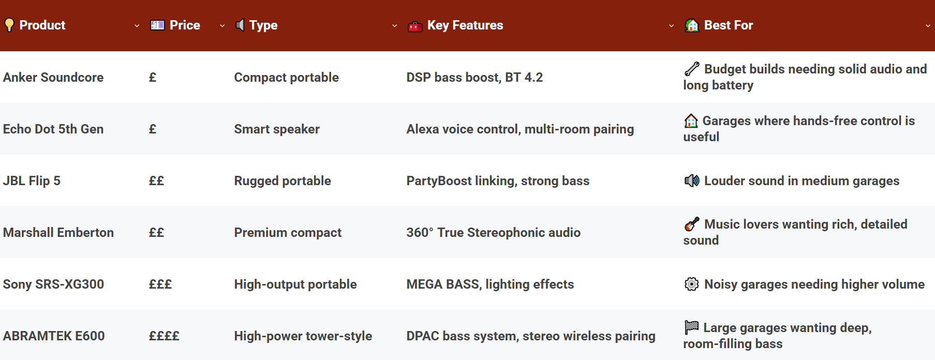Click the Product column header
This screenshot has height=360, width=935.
(x=42, y=25)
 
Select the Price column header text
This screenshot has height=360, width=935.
(x=185, y=25)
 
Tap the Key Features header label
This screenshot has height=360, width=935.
(x=465, y=25)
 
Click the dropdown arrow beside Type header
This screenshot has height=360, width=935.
(x=395, y=26)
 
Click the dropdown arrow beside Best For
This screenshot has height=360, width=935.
(x=928, y=26)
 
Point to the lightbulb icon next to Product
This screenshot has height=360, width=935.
(x=9, y=25)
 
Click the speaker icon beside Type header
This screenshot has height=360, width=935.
(x=240, y=25)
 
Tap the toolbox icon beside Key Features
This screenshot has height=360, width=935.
(x=415, y=26)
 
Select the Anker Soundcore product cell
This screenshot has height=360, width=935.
(x=53, y=77)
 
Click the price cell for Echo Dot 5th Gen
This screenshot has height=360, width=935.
(x=153, y=129)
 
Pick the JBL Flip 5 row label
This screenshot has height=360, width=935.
(x=32, y=181)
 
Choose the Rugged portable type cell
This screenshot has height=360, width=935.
(x=283, y=181)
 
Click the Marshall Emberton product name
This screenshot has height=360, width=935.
(x=58, y=232)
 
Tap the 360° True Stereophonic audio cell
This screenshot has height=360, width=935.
(x=493, y=232)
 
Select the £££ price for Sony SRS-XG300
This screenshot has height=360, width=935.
(x=160, y=284)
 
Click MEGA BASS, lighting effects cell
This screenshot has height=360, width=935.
(x=490, y=284)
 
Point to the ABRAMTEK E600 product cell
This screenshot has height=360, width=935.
(x=54, y=336)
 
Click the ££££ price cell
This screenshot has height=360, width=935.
(x=164, y=336)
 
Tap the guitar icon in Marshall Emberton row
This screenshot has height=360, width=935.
(x=692, y=224)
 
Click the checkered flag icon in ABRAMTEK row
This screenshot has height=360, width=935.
(x=691, y=327)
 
